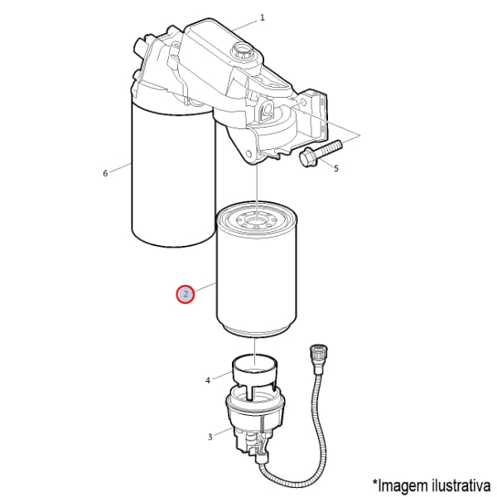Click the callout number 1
[262, 17]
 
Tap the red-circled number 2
[186, 294]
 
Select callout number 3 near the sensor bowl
[210, 437]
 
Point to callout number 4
[208, 380]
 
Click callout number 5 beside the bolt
[336, 168]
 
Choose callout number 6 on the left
[105, 173]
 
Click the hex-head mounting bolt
[320, 153]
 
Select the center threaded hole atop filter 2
[257, 220]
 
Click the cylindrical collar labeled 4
[256, 374]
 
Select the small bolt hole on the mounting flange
[302, 103]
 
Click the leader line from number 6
[121, 168]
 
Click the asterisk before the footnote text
[375, 482]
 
